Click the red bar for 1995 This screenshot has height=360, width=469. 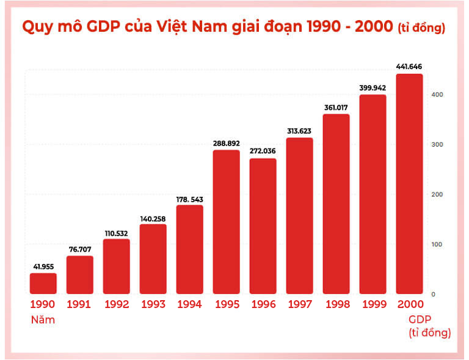coord(226,222)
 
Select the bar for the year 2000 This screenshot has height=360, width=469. coord(409,184)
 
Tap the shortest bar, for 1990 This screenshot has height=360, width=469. coord(43,283)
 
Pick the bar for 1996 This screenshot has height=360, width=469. coord(263,226)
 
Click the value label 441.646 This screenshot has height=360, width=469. coord(409,67)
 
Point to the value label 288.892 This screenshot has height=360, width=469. coord(226,143)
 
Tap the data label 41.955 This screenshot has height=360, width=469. coord(43,266)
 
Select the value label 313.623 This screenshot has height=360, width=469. coord(299,131)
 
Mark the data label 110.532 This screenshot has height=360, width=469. coord(116,232)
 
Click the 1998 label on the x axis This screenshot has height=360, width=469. coord(336,304)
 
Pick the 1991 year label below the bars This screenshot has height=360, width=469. coord(79,304)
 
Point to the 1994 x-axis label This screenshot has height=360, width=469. coord(189,304)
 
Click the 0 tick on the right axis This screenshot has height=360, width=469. coord(434,294)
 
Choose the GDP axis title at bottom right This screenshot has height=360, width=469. coord(420,319)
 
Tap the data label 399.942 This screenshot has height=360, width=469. coord(373,87)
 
